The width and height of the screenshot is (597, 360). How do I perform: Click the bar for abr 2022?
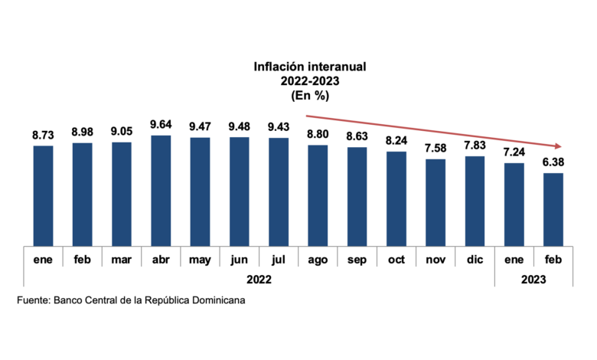(161, 191)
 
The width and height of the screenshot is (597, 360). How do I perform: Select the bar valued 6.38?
(553, 210)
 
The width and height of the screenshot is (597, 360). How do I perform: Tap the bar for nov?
(436, 203)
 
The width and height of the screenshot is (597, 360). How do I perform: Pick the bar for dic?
(475, 201)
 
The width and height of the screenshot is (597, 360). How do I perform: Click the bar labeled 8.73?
(43, 196)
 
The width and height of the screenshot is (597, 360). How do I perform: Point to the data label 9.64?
(161, 125)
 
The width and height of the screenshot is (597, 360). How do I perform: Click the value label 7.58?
(436, 148)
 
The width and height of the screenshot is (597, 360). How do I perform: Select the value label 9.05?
(122, 132)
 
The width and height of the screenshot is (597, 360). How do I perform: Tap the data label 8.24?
(396, 141)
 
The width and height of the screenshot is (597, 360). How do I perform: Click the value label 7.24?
(514, 152)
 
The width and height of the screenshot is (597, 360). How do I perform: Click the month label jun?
(239, 260)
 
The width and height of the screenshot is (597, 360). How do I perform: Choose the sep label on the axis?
(357, 260)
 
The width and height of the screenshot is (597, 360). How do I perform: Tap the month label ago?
(318, 260)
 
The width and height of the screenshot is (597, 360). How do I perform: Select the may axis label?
(200, 260)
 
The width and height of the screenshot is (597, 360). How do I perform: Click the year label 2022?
(259, 280)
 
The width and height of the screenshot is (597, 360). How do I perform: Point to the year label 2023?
(533, 280)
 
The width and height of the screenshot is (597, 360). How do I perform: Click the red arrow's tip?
(562, 146)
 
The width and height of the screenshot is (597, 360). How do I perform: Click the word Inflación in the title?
(279, 67)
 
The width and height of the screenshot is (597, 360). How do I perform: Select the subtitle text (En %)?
(310, 95)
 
